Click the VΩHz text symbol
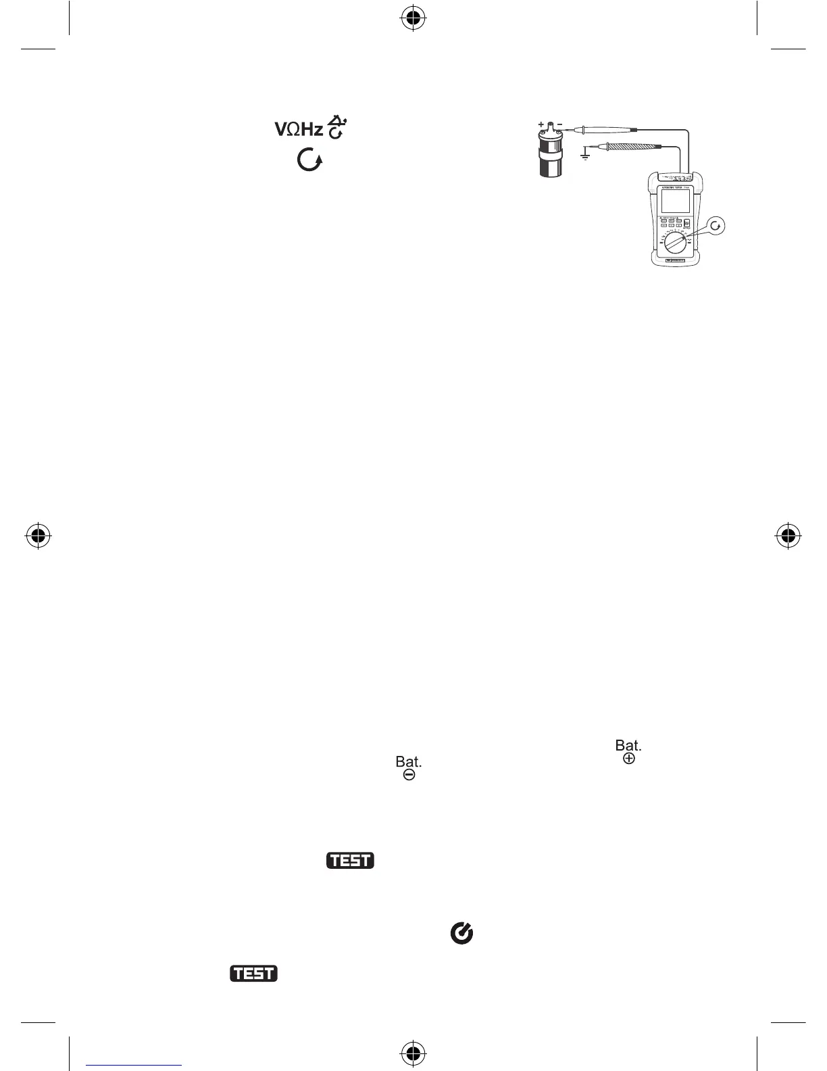click(298, 128)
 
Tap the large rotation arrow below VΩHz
click(309, 160)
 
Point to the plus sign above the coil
click(541, 125)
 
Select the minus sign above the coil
click(560, 125)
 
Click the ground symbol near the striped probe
click(585, 155)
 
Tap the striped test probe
click(635, 146)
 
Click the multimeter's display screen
click(676, 201)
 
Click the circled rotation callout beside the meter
click(717, 227)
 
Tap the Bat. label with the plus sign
click(628, 752)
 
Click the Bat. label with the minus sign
click(409, 768)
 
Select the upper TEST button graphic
click(351, 861)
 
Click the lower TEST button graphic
click(254, 974)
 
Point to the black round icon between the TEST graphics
click(461, 934)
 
